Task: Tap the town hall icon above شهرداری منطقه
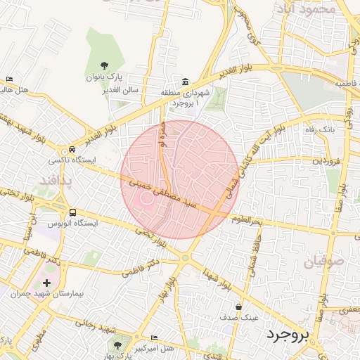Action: [x=185, y=82]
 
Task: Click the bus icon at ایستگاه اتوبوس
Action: [x=72, y=212]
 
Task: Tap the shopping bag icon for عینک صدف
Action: [x=239, y=307]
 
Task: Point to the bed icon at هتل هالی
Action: [x=9, y=79]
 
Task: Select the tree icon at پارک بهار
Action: [x=117, y=346]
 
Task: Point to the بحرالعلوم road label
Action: [x=247, y=220]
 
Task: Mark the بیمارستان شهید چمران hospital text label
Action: [x=34, y=293]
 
